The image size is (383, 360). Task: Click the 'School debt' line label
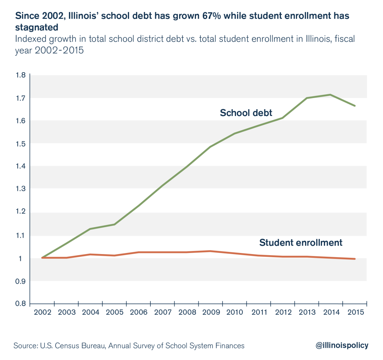click(x=246, y=113)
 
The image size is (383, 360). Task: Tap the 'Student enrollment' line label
click(x=301, y=242)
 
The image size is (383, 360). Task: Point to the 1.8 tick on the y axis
click(x=21, y=75)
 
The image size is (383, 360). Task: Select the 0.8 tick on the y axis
click(x=21, y=303)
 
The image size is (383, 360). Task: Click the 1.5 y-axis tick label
click(x=21, y=144)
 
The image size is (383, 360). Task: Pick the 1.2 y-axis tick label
click(x=21, y=212)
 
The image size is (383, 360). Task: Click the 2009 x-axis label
click(x=210, y=312)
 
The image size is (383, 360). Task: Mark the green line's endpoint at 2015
click(x=355, y=106)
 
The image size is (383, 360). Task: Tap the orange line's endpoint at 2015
click(x=355, y=259)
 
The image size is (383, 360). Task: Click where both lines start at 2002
click(x=42, y=258)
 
